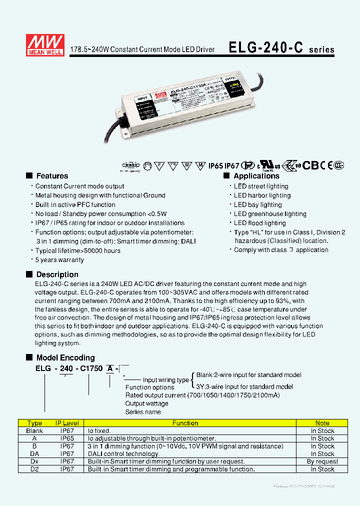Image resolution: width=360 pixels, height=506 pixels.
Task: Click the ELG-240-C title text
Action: click(x=266, y=48)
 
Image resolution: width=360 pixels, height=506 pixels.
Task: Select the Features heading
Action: click(x=52, y=176)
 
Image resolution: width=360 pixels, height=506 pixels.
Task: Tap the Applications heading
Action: click(x=256, y=176)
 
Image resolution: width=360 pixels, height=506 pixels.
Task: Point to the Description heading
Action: click(x=57, y=274)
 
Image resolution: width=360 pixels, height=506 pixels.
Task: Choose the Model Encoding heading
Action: click(x=65, y=357)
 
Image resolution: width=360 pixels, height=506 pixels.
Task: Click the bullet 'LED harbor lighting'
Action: click(x=262, y=195)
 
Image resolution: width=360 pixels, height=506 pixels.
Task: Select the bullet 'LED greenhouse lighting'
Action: click(x=270, y=214)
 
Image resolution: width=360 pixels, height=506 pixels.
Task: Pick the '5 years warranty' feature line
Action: click(x=59, y=260)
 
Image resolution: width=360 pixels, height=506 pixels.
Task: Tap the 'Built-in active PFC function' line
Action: click(x=75, y=204)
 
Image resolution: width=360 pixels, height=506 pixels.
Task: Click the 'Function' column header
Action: click(x=185, y=423)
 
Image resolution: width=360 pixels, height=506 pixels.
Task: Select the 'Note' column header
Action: click(x=322, y=423)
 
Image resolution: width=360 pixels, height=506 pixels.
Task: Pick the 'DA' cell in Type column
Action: click(x=34, y=454)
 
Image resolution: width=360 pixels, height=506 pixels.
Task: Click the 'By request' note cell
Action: click(x=322, y=461)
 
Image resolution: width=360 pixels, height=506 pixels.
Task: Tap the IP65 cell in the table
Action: click(x=67, y=438)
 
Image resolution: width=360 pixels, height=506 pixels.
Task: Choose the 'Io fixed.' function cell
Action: click(x=99, y=430)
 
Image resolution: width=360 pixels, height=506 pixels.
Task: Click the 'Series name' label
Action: click(x=143, y=412)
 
